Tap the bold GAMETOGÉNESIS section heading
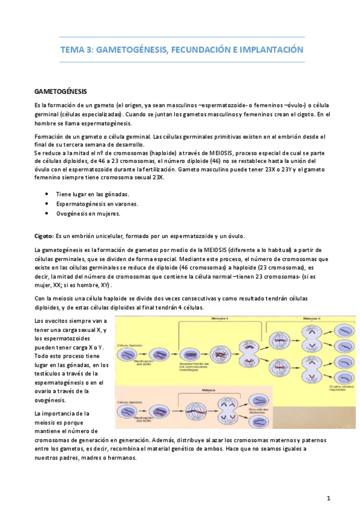click(x=62, y=92)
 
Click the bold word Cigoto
click(x=44, y=235)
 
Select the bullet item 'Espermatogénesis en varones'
click(x=97, y=204)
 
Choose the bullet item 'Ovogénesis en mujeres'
click(x=88, y=214)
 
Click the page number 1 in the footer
click(x=328, y=499)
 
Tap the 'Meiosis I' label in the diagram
click(x=222, y=318)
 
